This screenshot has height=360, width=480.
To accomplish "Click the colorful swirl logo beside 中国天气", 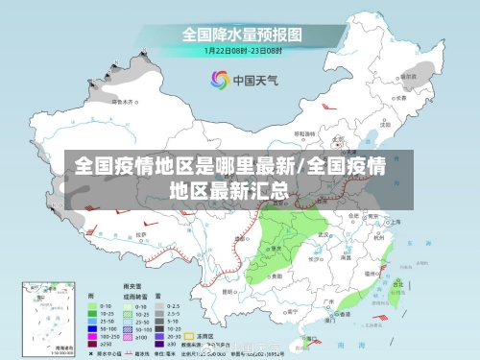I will click(220, 80).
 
